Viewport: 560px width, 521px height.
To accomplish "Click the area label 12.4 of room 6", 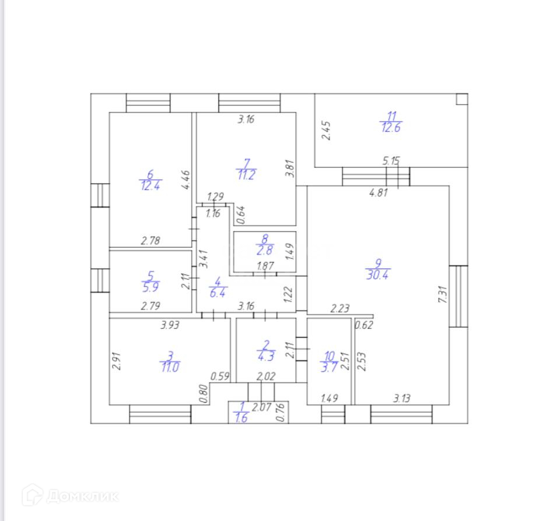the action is pos(150,185).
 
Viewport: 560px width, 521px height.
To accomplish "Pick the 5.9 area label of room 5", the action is pos(150,287).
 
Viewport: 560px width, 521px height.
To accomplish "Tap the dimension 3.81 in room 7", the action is pos(288,168).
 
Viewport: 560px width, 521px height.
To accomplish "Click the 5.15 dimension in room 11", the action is pos(391,161).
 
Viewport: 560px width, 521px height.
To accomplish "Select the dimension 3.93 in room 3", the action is pos(170,325).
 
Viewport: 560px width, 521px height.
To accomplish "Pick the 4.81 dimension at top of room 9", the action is pos(379,194).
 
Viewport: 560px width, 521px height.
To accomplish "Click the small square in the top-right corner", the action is pos(461,99).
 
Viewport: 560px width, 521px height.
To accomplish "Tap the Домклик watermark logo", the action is pos(70,495).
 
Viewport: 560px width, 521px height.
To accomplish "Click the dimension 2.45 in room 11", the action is pos(327,130).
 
